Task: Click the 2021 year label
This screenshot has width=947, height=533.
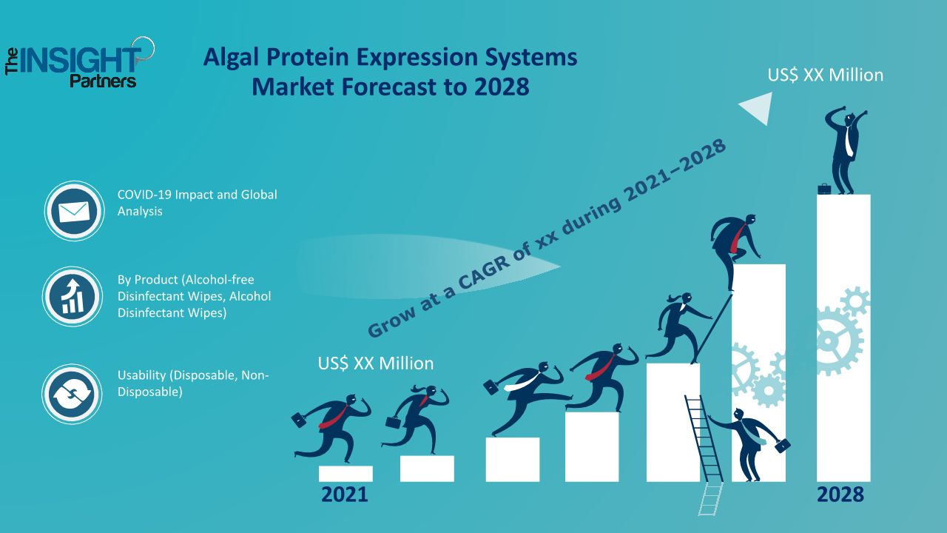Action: tap(345, 495)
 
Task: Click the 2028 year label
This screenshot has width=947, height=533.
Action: tap(840, 495)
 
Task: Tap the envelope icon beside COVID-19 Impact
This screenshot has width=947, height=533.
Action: tap(74, 211)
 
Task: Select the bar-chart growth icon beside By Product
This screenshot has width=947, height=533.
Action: tap(73, 296)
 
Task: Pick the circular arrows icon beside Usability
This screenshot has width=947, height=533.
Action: tap(72, 395)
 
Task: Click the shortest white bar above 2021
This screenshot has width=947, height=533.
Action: tap(346, 474)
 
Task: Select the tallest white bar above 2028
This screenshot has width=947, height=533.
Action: tap(843, 338)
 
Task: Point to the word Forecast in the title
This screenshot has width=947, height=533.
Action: tap(388, 87)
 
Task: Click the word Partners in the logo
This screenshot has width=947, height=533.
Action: tap(103, 81)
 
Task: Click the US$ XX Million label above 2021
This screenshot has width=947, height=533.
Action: tap(375, 363)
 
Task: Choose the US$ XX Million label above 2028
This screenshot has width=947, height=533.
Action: tap(825, 76)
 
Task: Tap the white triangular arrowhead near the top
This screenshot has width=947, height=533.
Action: tap(759, 108)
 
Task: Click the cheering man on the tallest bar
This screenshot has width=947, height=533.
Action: tap(846, 150)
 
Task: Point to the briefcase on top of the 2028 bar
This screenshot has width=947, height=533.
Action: tap(824, 189)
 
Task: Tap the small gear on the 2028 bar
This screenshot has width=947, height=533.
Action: tap(855, 302)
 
